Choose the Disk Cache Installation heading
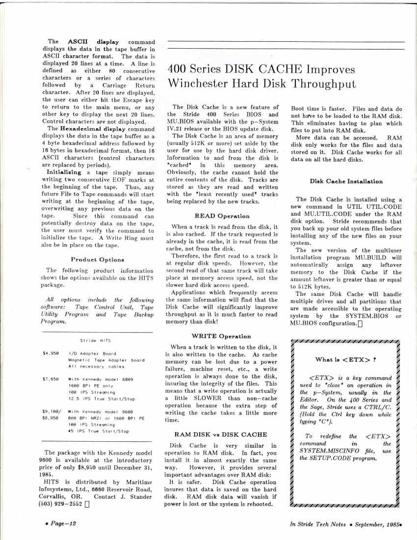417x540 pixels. pos(346,181)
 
